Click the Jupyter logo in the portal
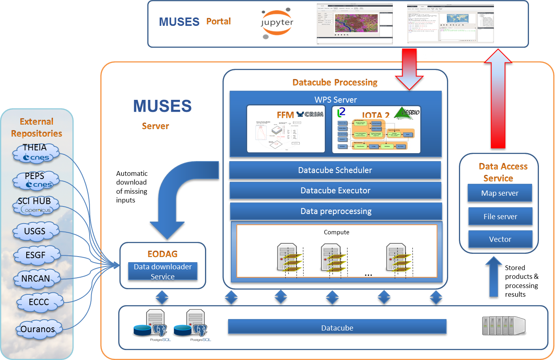(x=277, y=24)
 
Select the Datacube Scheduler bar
(x=335, y=170)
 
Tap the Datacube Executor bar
(x=335, y=191)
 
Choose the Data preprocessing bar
(x=336, y=211)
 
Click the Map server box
(x=500, y=193)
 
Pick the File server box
(x=500, y=216)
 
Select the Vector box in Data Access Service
(x=500, y=239)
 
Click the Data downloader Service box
(x=163, y=271)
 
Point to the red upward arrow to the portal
(x=498, y=99)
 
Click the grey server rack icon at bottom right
(x=503, y=326)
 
